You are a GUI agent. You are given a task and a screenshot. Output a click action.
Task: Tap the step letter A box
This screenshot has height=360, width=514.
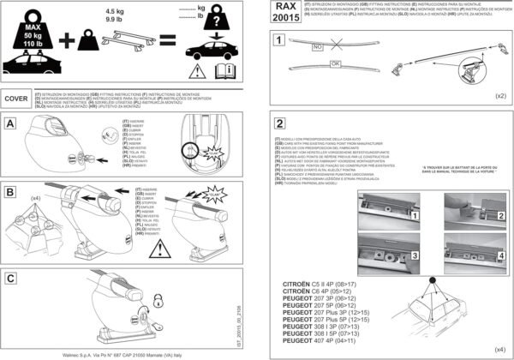click(x=10, y=123)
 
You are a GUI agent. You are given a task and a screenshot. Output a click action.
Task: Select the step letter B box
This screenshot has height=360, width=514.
click(x=10, y=195)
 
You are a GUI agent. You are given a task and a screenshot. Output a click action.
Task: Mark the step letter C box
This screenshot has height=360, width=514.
click(x=10, y=277)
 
